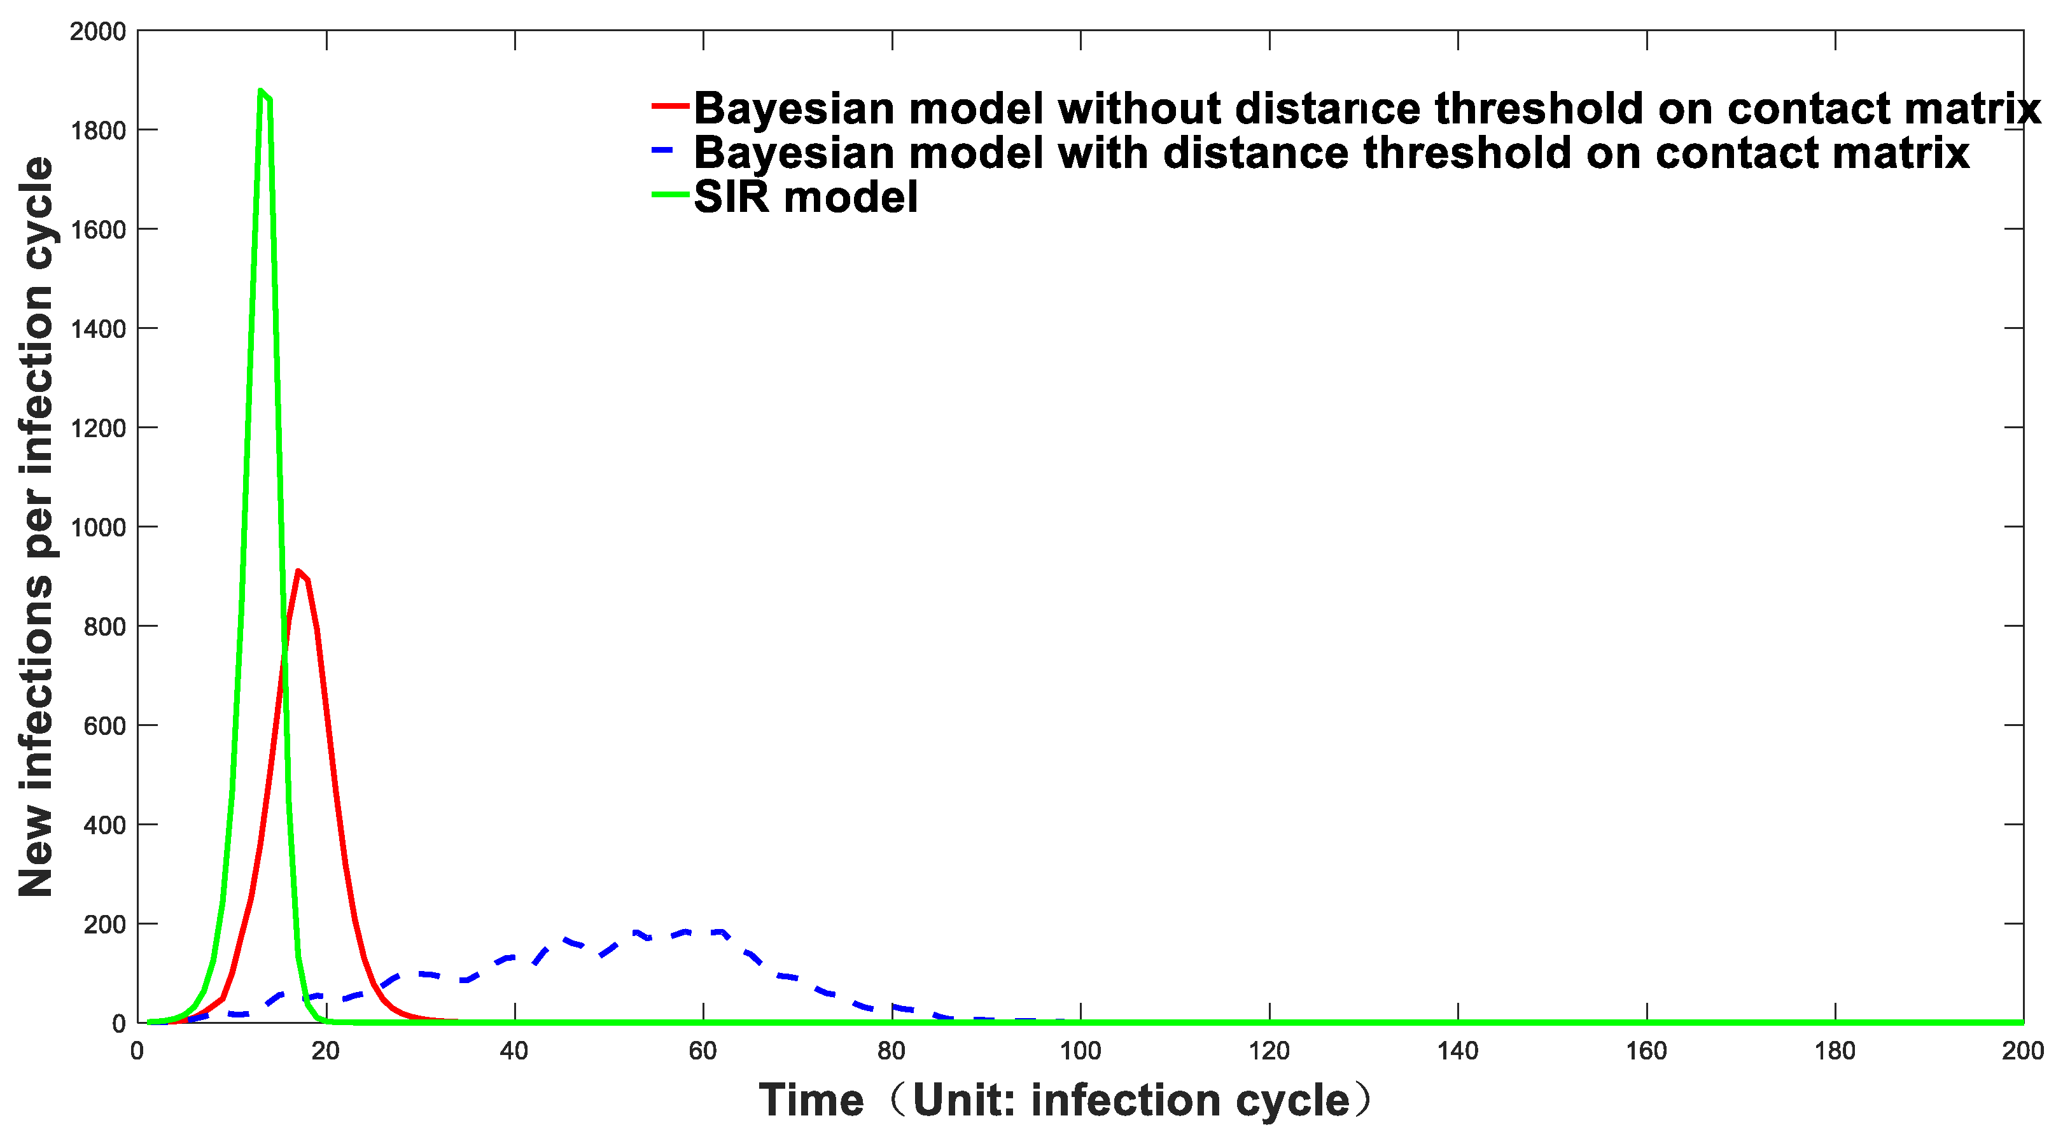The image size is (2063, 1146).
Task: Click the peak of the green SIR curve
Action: click(260, 90)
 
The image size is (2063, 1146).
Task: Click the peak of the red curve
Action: click(298, 571)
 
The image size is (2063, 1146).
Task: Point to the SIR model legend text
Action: click(806, 197)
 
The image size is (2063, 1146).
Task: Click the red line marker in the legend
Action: click(670, 106)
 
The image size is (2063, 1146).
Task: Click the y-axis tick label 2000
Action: click(98, 32)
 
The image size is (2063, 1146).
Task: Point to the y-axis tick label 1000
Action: click(98, 528)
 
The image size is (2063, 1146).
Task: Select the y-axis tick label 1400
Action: click(98, 329)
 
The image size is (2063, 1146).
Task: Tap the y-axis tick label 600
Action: click(105, 727)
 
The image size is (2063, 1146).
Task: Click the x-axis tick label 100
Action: click(1080, 1051)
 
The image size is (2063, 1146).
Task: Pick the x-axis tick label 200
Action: click(2023, 1051)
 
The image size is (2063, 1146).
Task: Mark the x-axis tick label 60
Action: click(703, 1051)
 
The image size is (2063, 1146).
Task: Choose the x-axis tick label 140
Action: click(1458, 1051)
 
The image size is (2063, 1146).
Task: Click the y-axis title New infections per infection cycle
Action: click(36, 527)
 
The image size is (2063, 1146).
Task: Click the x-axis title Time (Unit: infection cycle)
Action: click(1066, 1100)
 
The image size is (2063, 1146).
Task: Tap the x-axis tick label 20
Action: click(326, 1051)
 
